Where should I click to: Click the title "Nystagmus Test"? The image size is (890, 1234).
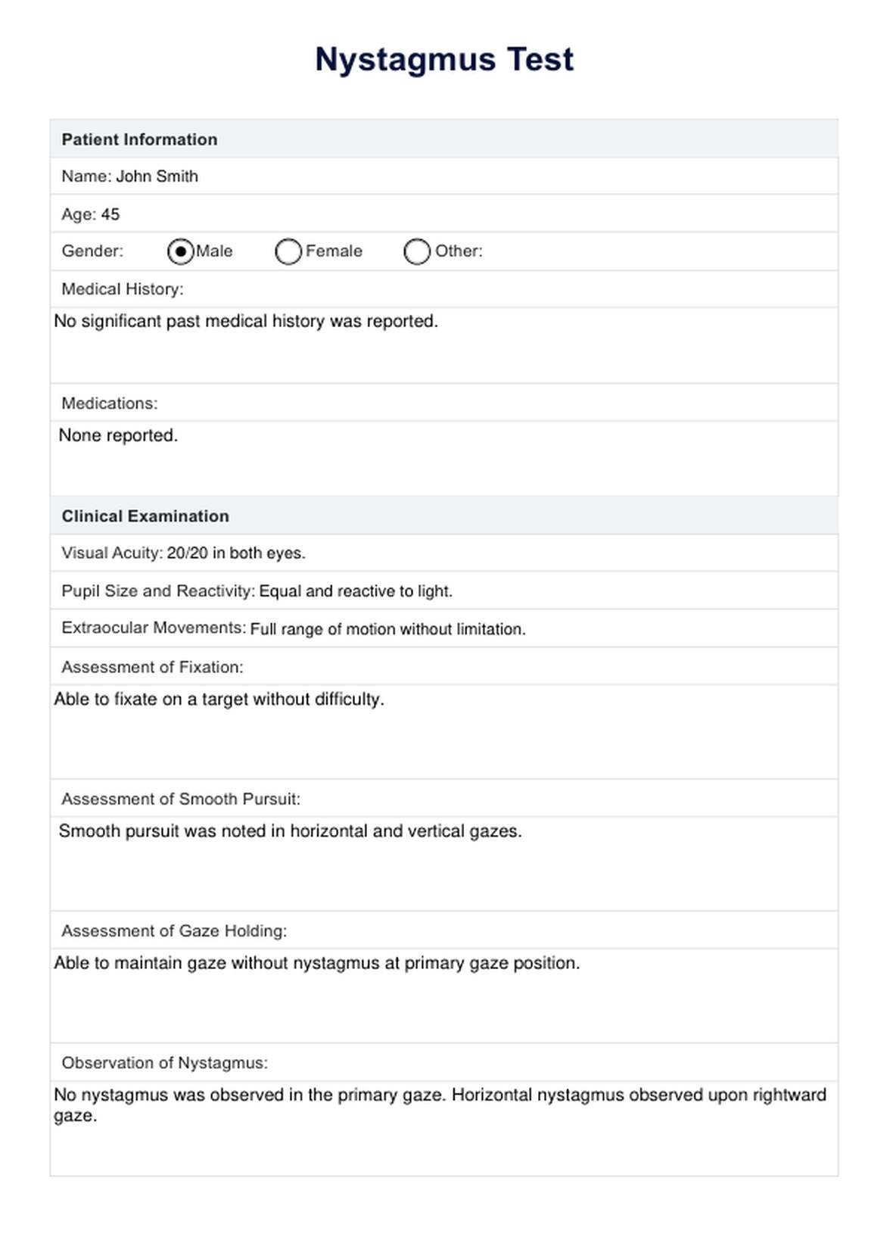pos(444,59)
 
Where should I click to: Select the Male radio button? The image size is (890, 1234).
pos(180,251)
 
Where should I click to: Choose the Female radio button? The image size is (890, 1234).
pos(288,251)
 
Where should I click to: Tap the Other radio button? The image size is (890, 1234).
pos(417,251)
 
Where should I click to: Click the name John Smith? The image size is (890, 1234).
pos(157,176)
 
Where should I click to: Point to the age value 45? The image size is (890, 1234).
pos(110,214)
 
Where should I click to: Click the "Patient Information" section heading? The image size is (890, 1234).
pos(139,139)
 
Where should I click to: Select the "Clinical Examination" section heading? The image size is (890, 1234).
pos(145,516)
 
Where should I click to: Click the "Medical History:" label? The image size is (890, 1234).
pos(123,289)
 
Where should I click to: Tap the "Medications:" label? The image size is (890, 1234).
pos(110,404)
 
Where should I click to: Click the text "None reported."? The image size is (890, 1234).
pos(118,435)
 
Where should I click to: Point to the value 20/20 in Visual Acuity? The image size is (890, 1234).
pos(187,553)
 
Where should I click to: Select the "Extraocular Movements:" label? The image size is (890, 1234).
pos(154,628)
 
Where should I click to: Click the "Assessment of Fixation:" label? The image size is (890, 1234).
pos(152,667)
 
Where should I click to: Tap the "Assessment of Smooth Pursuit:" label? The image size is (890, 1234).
pos(181,799)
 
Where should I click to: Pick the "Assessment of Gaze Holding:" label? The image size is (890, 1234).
pos(174,931)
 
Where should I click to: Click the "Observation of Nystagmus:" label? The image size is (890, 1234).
pos(165,1063)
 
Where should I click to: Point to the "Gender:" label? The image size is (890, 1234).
pos(92,251)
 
